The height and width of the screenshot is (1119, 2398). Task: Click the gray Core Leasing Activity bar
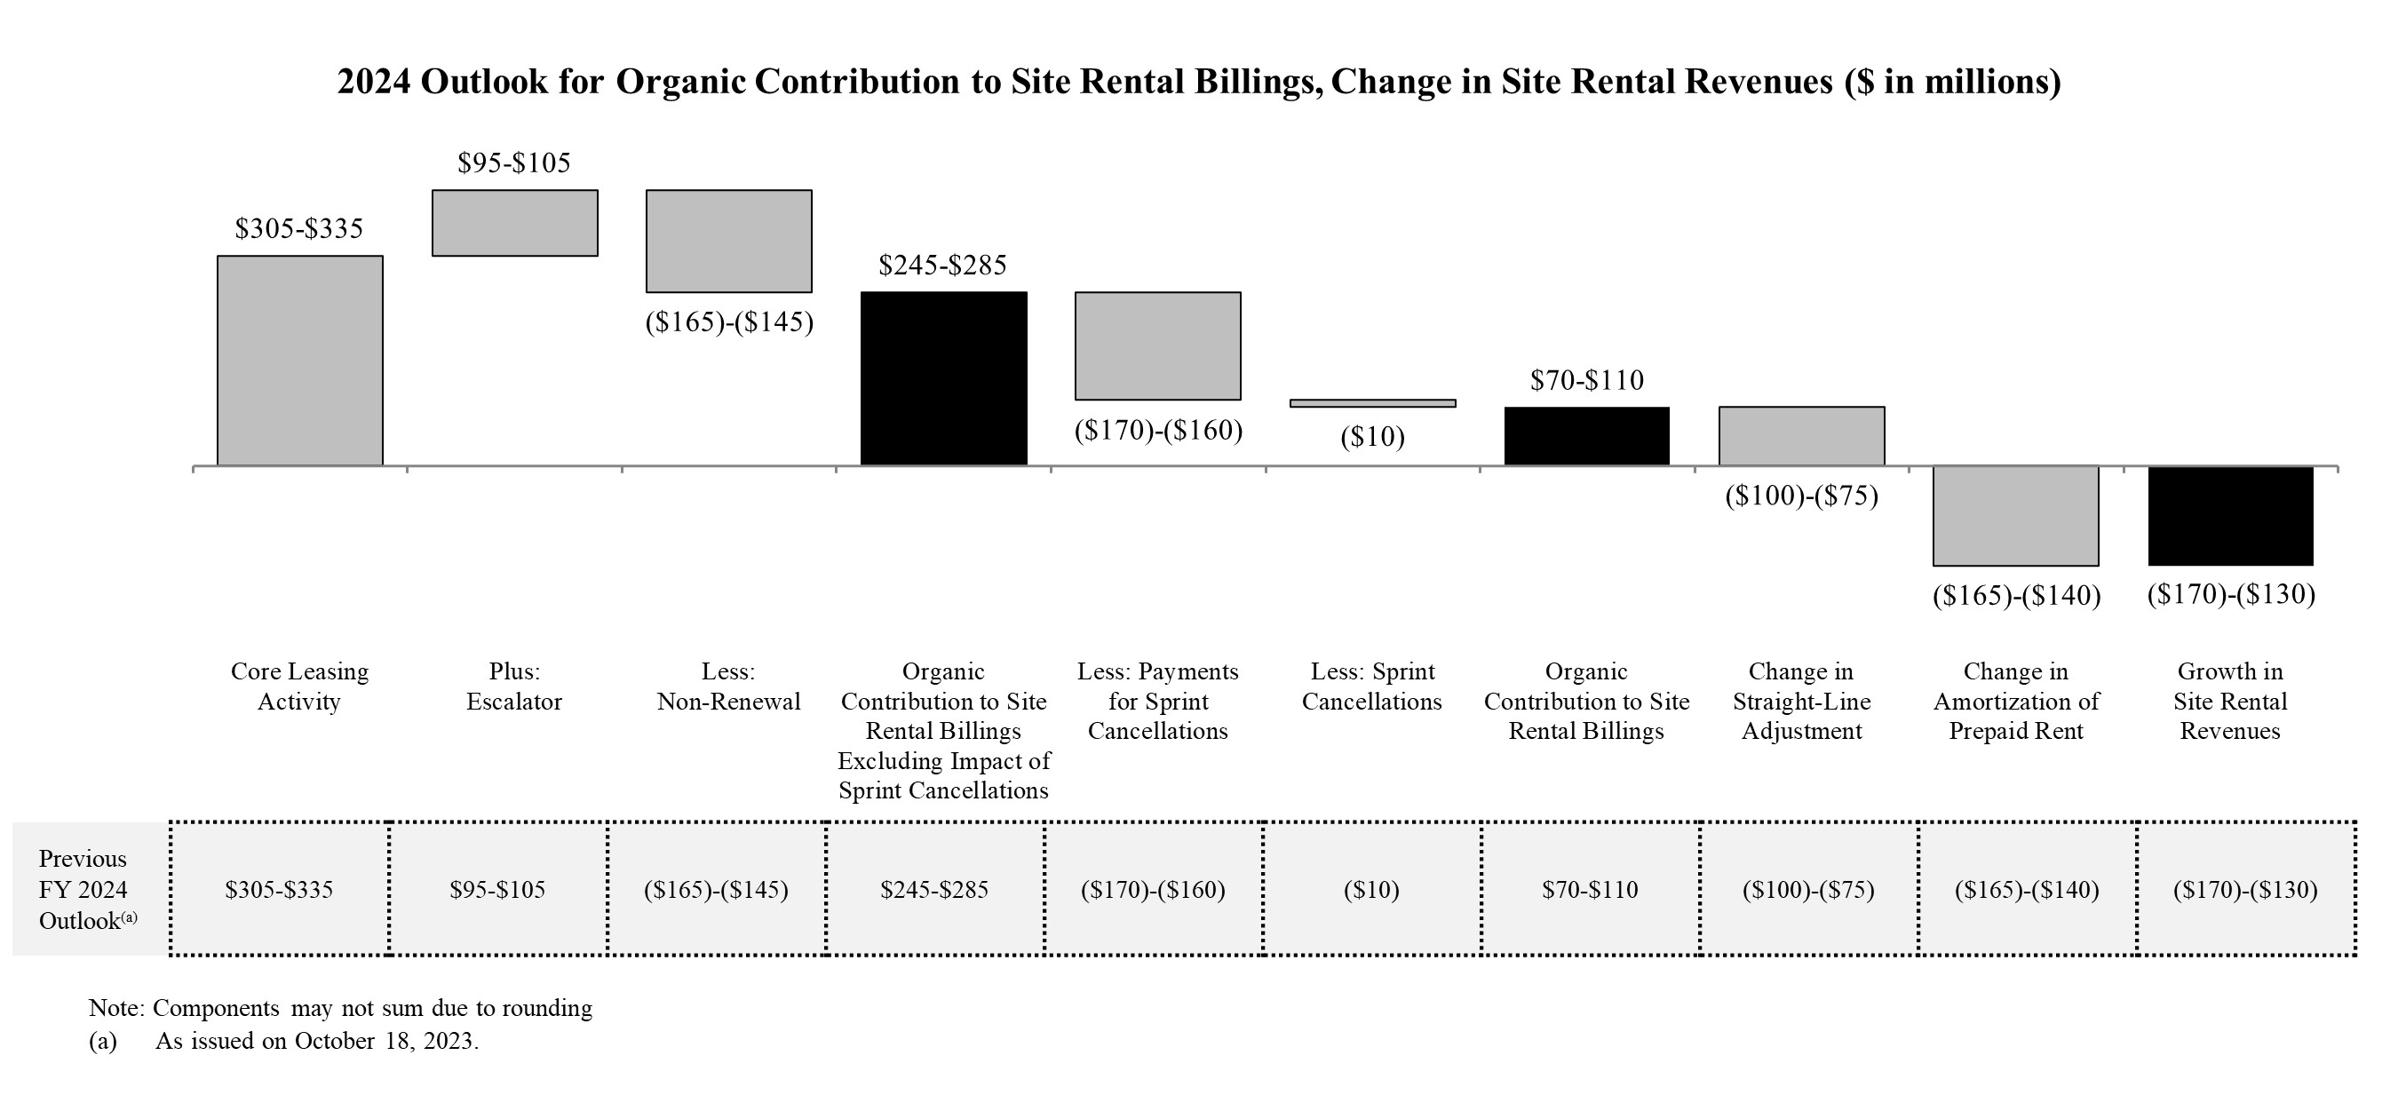[x=300, y=361]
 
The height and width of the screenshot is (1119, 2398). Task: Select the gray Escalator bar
[x=515, y=223]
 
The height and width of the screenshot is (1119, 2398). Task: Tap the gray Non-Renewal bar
[x=729, y=241]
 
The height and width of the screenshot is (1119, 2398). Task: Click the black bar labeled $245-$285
[x=944, y=378]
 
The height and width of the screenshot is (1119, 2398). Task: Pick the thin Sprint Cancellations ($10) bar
[x=1372, y=403]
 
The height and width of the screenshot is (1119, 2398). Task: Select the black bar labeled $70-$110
[x=1586, y=436]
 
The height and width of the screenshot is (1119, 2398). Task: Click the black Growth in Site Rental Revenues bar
[x=2230, y=516]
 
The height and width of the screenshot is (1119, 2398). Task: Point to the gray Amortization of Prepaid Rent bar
[x=2015, y=516]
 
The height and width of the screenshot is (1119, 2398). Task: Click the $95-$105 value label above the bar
[x=514, y=163]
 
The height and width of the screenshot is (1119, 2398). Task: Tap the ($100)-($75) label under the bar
[x=1801, y=496]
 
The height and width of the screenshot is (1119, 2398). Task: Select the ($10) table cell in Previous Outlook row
[x=1371, y=889]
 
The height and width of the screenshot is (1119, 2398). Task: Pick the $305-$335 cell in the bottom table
[x=279, y=889]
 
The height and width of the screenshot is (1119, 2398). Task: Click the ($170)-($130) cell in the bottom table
[x=2245, y=889]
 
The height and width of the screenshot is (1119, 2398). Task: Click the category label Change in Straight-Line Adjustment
[x=1801, y=701]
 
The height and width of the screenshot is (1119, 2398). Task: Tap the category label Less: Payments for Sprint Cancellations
[x=1157, y=701]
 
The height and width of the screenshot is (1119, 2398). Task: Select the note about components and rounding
[x=341, y=1008]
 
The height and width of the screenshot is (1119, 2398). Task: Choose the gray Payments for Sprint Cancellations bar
[x=1157, y=345]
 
